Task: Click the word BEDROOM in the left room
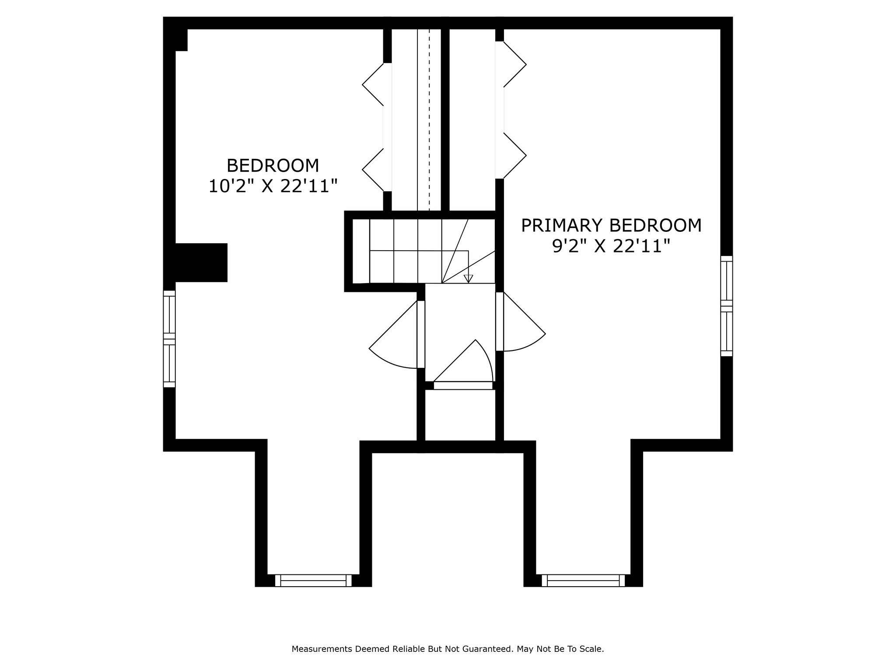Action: (x=273, y=166)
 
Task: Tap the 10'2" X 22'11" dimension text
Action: (x=273, y=187)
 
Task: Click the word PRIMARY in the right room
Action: (x=562, y=226)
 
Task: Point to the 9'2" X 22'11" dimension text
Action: (x=611, y=247)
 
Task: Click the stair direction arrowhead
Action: (x=469, y=278)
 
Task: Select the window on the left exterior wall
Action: (x=169, y=339)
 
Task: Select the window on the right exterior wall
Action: (x=727, y=306)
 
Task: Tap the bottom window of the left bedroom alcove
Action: (x=313, y=581)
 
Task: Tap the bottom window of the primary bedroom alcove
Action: (x=583, y=581)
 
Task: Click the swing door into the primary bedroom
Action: (x=521, y=324)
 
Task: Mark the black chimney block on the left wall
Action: (x=201, y=262)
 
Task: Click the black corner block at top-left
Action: (x=181, y=40)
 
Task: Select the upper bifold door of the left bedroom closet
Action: (x=373, y=84)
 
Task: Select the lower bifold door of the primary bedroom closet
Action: (x=514, y=155)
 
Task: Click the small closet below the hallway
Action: (x=460, y=415)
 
